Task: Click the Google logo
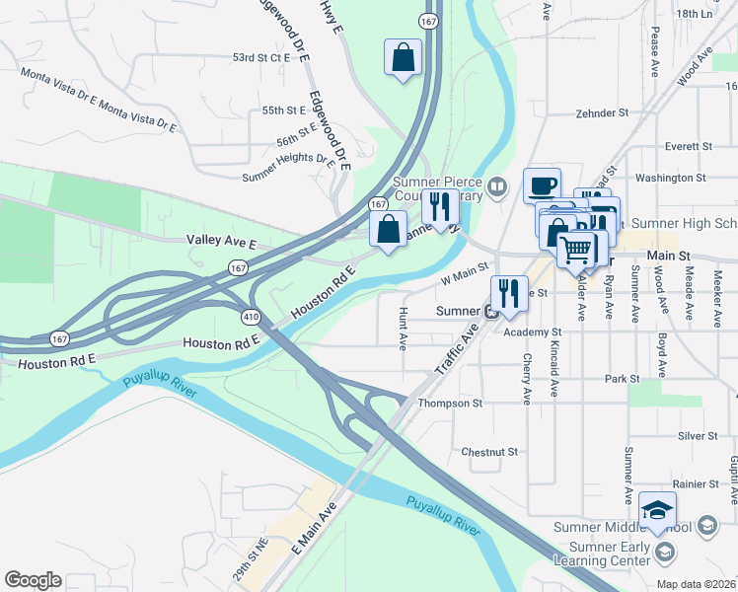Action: click(x=33, y=580)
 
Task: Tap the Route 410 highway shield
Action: click(x=251, y=317)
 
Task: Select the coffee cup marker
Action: click(x=542, y=185)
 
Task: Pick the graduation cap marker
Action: click(x=657, y=511)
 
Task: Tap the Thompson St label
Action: click(x=450, y=404)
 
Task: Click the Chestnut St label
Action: click(x=489, y=452)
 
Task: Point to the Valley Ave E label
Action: click(x=221, y=241)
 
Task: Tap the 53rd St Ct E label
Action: click(x=261, y=58)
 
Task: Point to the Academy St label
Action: click(x=532, y=333)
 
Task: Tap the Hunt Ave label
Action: click(x=403, y=329)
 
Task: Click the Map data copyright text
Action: click(x=697, y=584)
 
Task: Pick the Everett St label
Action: click(x=688, y=146)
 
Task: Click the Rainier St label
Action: click(x=697, y=483)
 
